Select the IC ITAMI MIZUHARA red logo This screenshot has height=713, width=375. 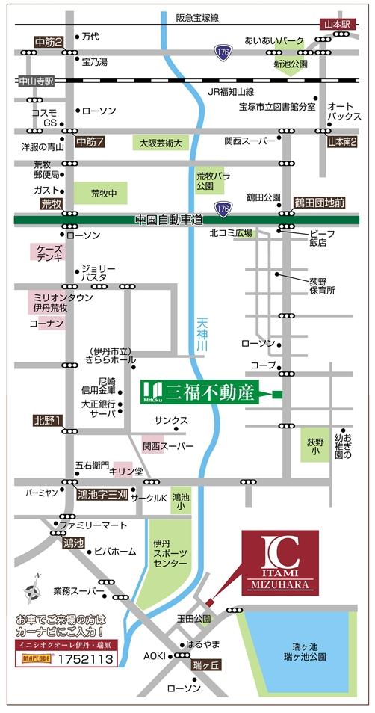coord(279,562)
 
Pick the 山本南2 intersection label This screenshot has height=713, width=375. coord(342,141)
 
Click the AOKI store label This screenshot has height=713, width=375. coord(155,655)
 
